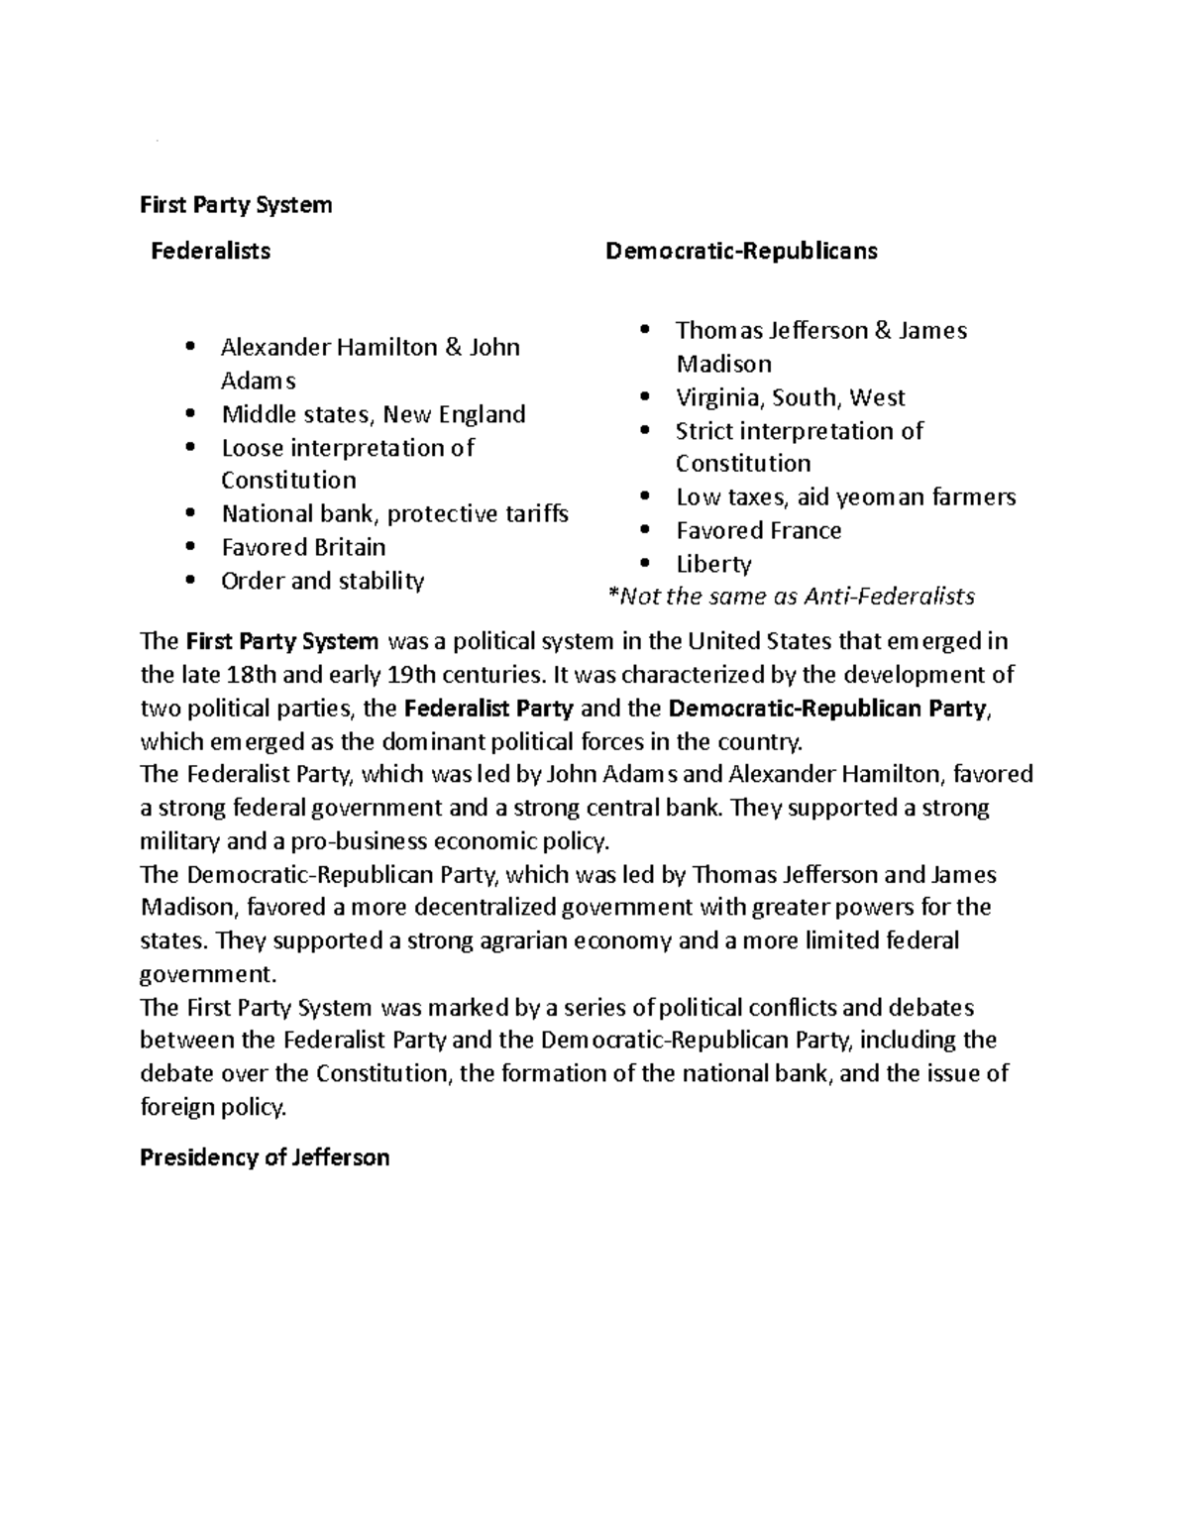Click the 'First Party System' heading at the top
236,205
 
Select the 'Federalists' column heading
210,251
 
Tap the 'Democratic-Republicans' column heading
741,251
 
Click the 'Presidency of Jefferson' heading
265,1157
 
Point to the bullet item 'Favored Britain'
303,547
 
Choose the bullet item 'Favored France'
758,530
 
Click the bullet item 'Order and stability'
322,581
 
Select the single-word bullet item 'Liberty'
713,564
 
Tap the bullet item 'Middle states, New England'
373,414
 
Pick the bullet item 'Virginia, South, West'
790,397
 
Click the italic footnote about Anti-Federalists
790,597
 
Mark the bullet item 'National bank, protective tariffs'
394,513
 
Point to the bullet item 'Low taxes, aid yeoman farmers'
845,496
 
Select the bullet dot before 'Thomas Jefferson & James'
646,330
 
